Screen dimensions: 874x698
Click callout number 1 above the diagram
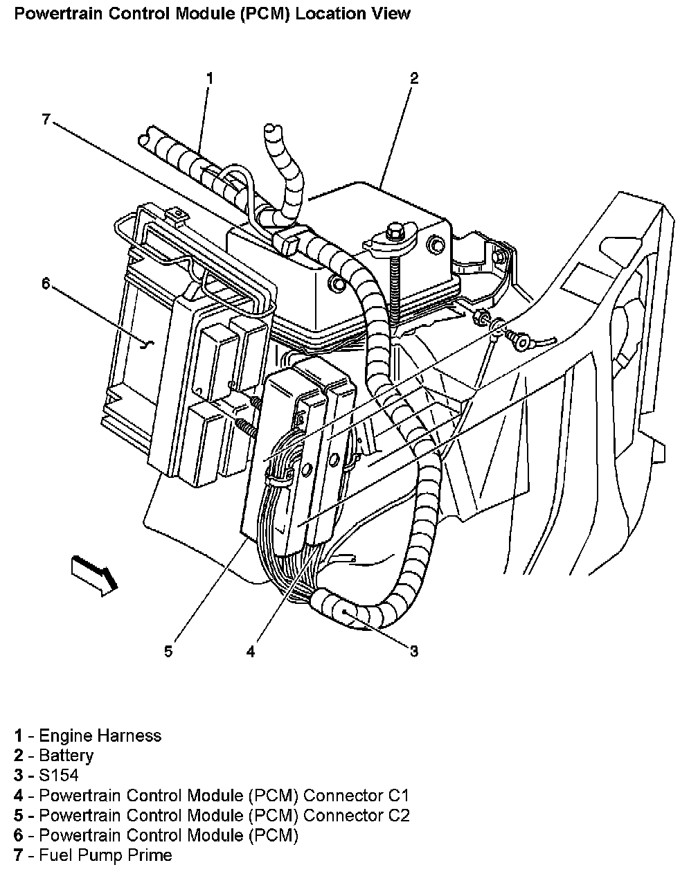click(x=209, y=78)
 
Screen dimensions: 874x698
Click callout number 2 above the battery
click(x=413, y=78)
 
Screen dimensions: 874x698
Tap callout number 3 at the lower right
click(x=413, y=651)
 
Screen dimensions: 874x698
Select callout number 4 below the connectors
click(x=250, y=652)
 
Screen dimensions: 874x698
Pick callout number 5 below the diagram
click(x=168, y=652)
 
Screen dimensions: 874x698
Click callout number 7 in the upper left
click(x=46, y=119)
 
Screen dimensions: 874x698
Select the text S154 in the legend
click(x=59, y=776)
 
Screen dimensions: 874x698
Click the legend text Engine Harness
click(x=100, y=735)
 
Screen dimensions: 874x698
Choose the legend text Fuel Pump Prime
click(x=105, y=855)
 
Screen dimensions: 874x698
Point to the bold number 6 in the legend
click(x=19, y=835)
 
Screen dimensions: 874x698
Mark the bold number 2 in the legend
click(x=19, y=756)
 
